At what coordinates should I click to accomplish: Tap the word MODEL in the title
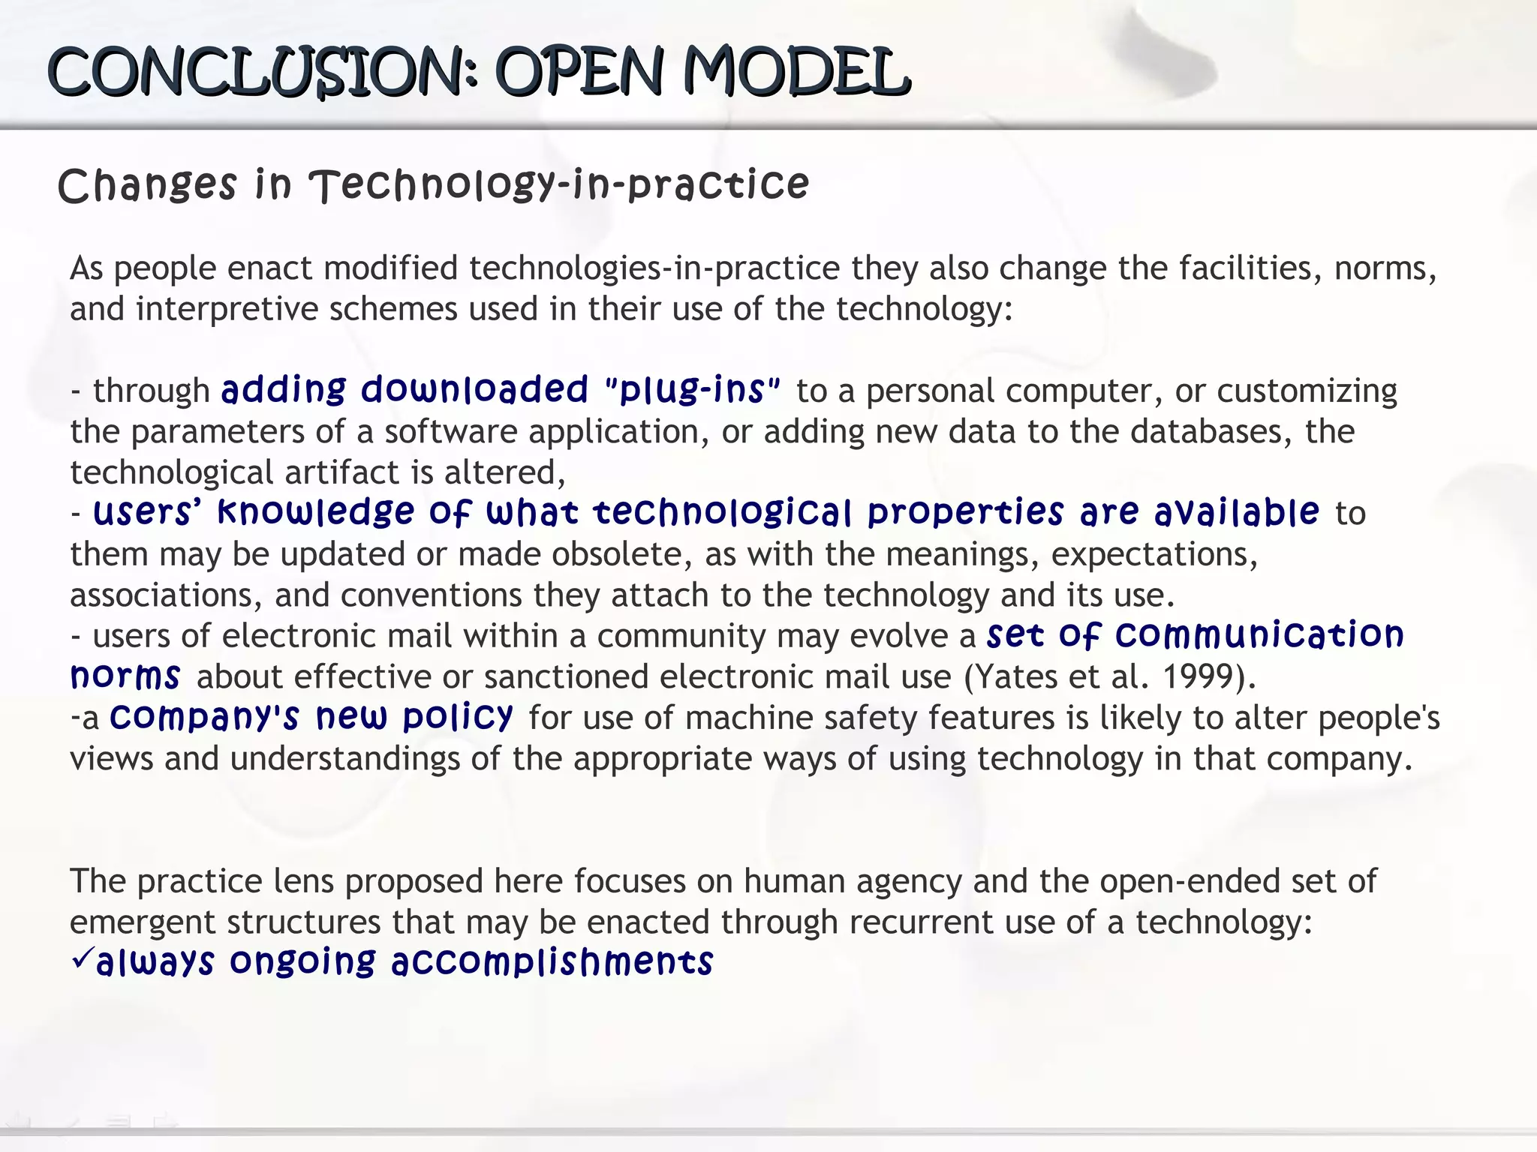point(796,73)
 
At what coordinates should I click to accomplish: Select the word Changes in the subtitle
point(147,185)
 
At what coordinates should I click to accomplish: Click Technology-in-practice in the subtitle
point(560,185)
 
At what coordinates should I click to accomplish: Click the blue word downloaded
point(474,390)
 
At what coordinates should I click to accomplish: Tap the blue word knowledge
point(315,513)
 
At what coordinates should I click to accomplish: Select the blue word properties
point(966,513)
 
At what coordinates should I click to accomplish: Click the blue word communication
point(1259,635)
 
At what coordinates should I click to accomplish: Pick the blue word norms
point(125,676)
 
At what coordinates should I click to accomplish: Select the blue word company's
point(204,717)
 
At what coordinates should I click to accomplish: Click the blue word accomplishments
point(552,963)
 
